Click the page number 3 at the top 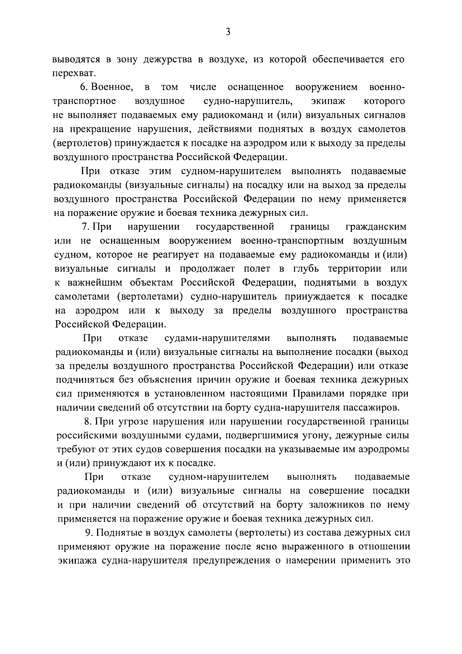[228, 32]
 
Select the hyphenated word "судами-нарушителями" [217, 338]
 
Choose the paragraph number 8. [87, 422]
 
